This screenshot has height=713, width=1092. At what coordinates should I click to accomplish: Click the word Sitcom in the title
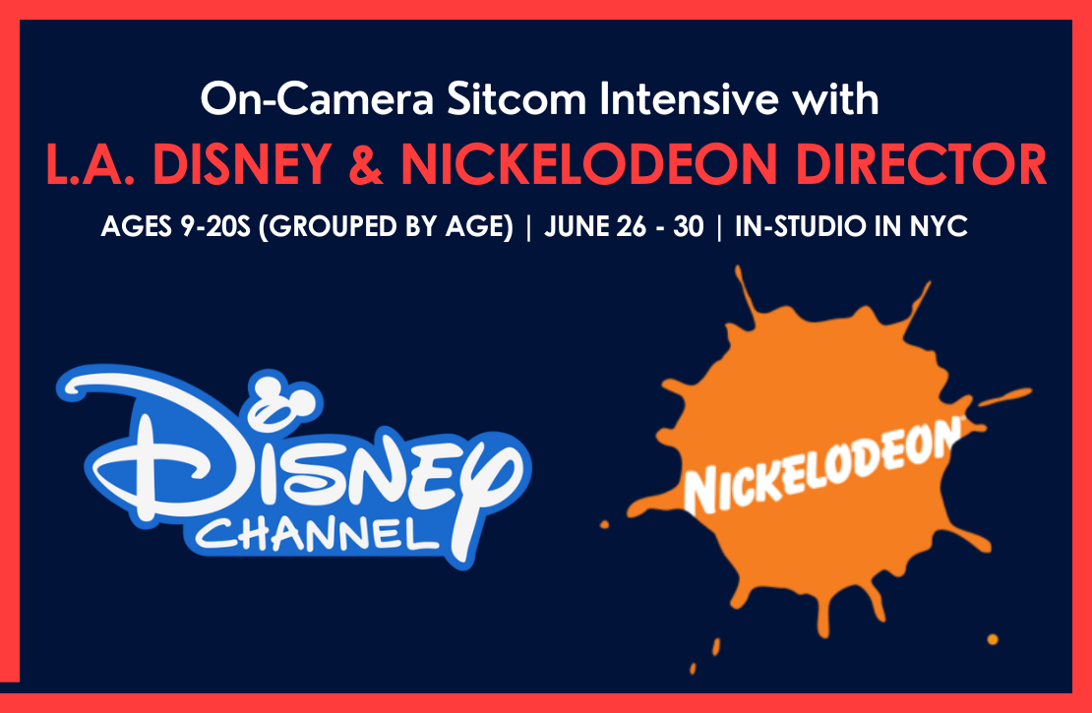(x=516, y=99)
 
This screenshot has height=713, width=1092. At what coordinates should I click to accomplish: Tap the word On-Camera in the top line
(x=317, y=99)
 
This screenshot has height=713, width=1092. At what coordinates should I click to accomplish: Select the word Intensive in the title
(x=688, y=99)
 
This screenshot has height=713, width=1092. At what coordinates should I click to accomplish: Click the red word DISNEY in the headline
(x=242, y=164)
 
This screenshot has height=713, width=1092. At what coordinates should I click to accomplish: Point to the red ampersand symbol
(x=366, y=164)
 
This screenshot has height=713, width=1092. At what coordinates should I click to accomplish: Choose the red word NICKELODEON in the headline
(x=589, y=164)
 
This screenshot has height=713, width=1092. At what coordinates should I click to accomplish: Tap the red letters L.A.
(x=90, y=164)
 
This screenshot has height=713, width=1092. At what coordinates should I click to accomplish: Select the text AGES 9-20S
(x=175, y=226)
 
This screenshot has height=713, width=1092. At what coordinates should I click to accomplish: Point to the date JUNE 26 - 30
(x=624, y=226)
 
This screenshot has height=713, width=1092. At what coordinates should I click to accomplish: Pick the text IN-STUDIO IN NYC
(x=851, y=226)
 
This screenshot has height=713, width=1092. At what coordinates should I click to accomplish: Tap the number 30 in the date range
(x=688, y=226)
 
